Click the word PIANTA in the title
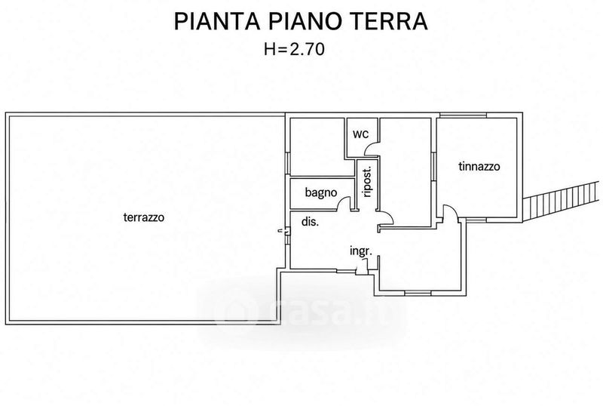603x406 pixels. (x=217, y=21)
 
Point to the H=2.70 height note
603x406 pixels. (x=294, y=49)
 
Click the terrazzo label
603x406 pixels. (x=144, y=217)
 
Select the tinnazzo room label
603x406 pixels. (x=479, y=167)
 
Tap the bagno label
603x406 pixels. (x=321, y=192)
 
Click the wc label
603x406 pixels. (x=360, y=134)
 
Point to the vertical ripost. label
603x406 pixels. (x=367, y=182)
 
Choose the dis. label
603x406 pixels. (x=310, y=222)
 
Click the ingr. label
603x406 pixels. (x=361, y=251)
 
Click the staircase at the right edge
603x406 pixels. (x=562, y=201)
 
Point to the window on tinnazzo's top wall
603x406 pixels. (x=463, y=115)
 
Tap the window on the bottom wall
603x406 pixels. (x=418, y=294)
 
